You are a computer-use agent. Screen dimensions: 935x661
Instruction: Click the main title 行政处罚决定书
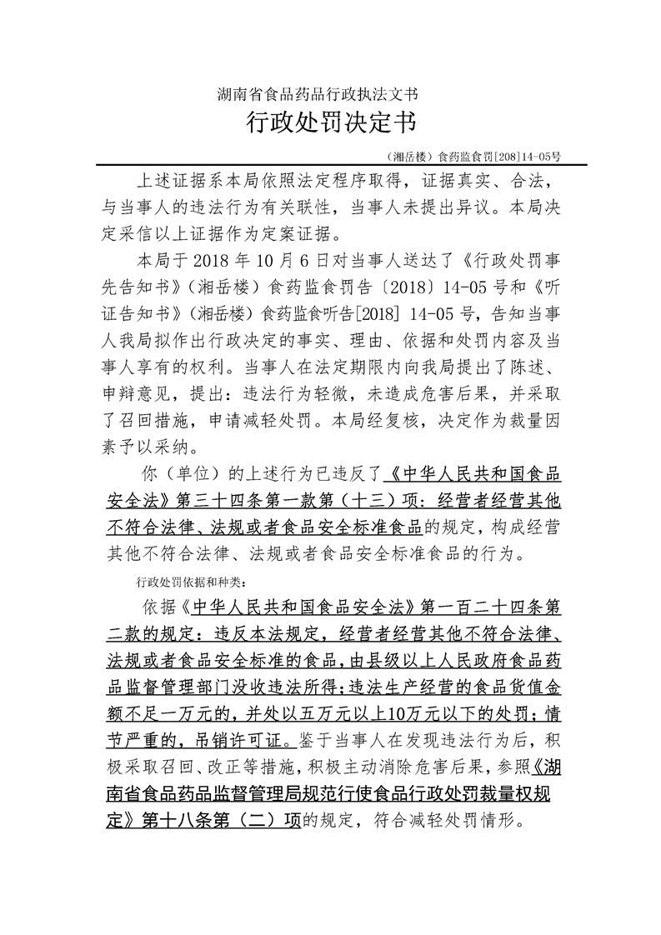click(x=329, y=124)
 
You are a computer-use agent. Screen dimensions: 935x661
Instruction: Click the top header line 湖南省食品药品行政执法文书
click(x=329, y=93)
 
